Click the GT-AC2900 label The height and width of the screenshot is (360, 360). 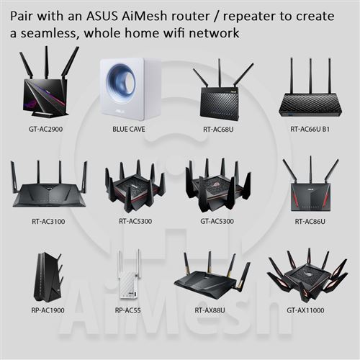45,129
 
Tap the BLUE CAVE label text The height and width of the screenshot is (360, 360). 129,129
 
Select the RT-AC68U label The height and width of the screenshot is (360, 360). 218,130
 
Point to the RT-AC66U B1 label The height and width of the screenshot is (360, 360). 310,129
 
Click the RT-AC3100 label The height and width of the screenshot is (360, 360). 48,221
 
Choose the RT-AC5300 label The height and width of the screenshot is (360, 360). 135,221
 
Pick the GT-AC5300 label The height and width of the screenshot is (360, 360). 217,221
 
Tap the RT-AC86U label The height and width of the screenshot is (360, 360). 310,221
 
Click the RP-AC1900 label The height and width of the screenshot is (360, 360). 48,310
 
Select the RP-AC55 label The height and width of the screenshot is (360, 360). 127,310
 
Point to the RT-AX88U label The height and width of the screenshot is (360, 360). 210,310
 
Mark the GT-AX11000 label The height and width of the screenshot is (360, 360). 305,310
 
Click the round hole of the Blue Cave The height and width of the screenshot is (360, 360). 122,81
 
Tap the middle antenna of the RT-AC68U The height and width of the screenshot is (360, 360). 220,73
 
